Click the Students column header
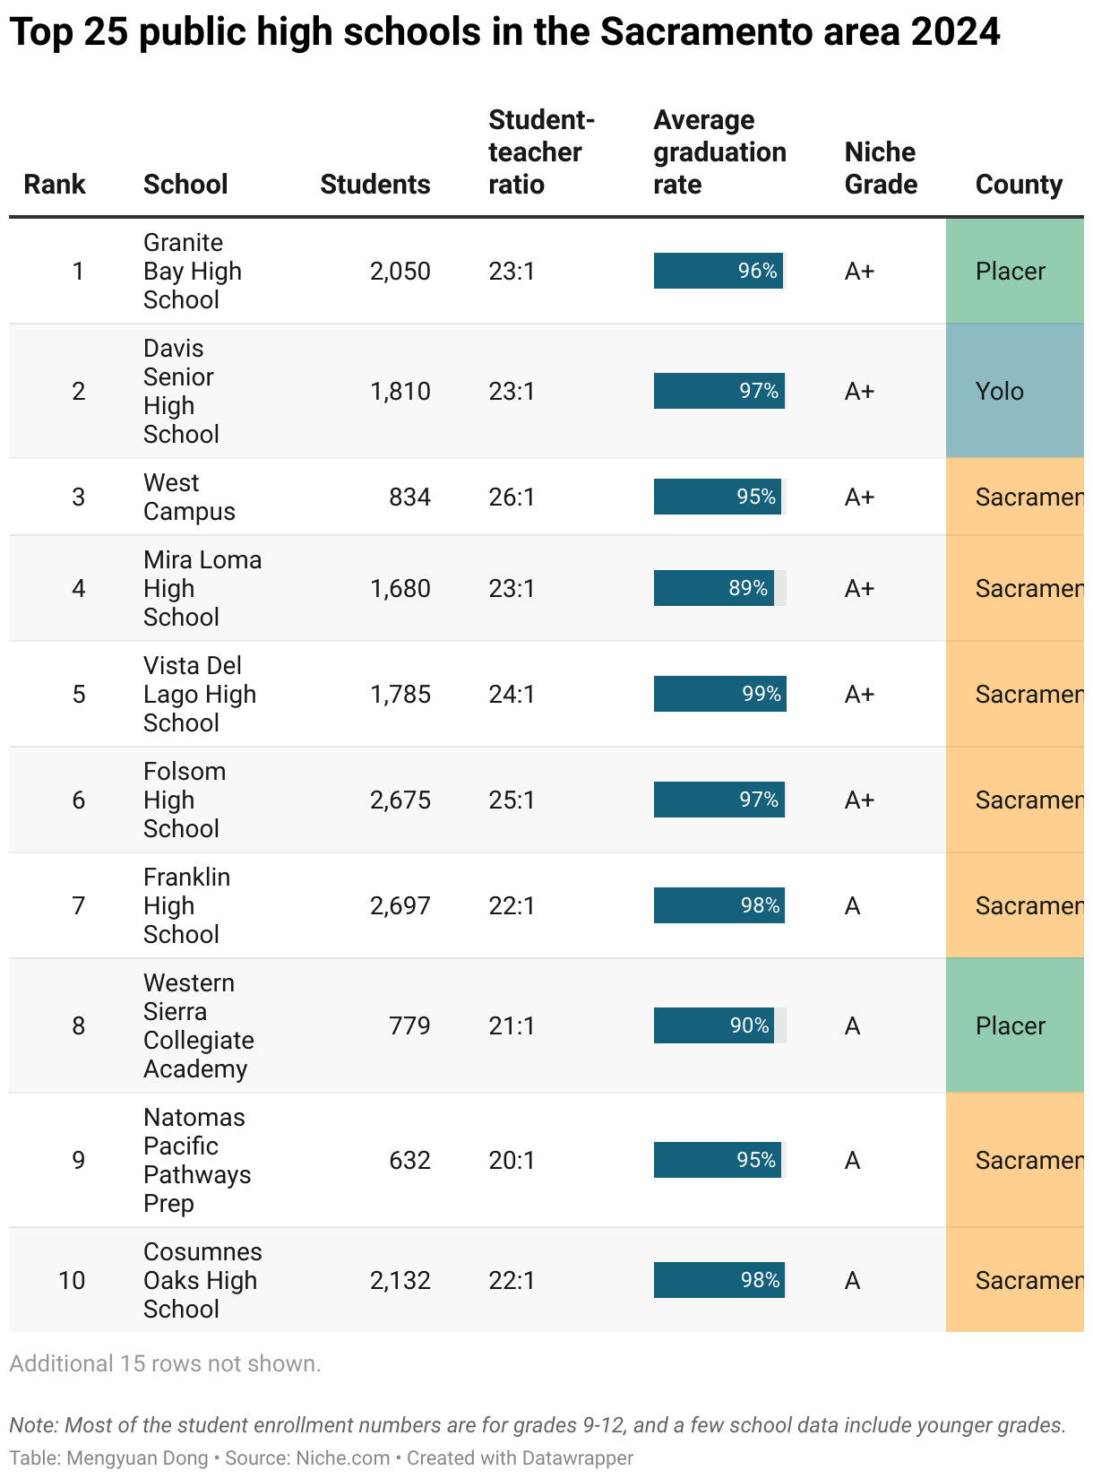[374, 185]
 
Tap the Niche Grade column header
[881, 169]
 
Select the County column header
[1019, 185]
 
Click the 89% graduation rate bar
[714, 588]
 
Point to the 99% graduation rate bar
[719, 694]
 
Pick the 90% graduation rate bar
[714, 1025]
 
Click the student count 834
[409, 497]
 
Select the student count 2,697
[400, 905]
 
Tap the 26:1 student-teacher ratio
[512, 497]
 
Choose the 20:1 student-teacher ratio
[512, 1160]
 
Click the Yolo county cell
[1000, 391]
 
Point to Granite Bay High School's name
[192, 271]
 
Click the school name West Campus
[189, 497]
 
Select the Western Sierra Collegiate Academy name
[198, 1025]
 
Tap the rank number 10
[72, 1280]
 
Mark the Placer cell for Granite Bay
[1011, 271]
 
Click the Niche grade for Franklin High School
[852, 905]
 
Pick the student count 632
[409, 1160]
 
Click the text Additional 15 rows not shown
[166, 1363]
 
